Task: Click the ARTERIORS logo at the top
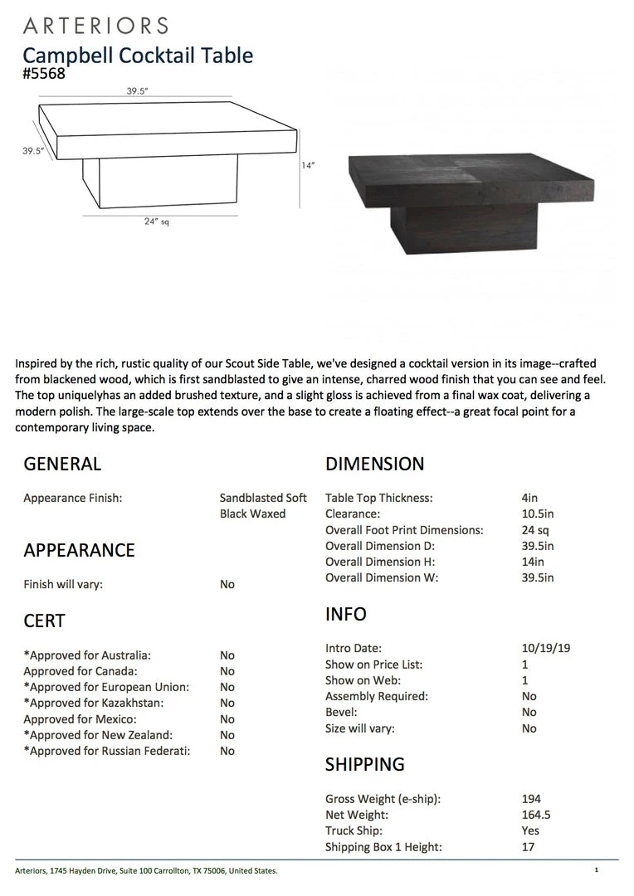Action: point(95,26)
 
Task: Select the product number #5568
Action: point(44,74)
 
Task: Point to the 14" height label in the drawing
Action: point(308,165)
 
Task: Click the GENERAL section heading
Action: point(62,464)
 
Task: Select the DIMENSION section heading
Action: point(374,464)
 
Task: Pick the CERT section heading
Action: point(44,621)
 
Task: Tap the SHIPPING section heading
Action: point(364,764)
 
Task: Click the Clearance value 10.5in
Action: point(538,514)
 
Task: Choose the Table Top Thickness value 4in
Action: point(529,499)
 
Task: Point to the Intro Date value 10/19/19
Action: point(545,648)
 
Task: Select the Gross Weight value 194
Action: point(531,799)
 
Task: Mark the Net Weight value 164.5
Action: point(536,815)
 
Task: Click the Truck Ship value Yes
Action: point(530,830)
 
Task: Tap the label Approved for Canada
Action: point(80,671)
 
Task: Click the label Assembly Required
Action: point(376,696)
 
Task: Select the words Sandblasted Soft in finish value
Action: point(263,499)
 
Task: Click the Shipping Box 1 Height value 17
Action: point(528,847)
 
